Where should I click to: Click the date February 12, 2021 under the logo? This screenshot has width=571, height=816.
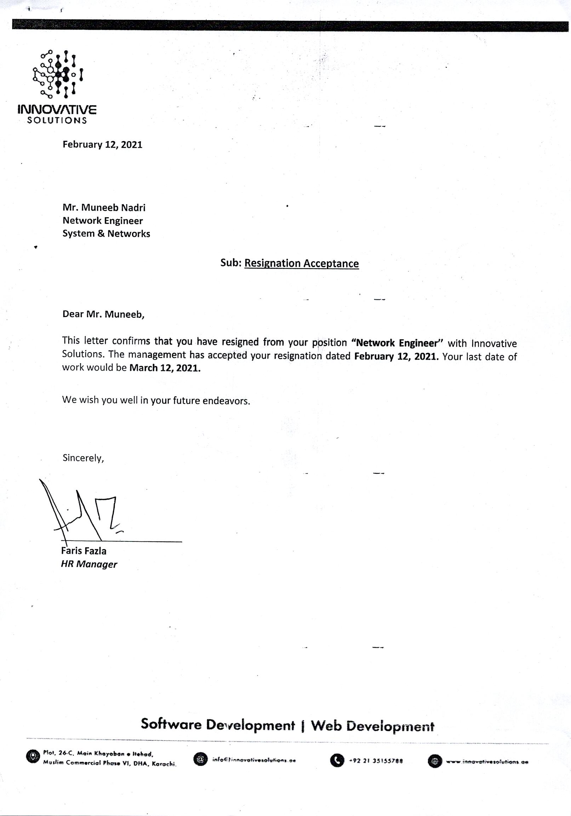[102, 145]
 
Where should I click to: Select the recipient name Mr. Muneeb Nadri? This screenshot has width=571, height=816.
[104, 208]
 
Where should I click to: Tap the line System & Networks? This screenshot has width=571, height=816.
[106, 234]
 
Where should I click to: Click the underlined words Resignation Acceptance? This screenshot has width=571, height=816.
[302, 263]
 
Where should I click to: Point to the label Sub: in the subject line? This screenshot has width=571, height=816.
[231, 263]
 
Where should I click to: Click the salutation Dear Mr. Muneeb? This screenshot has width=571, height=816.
[103, 314]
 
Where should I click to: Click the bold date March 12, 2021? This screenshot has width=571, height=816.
[165, 368]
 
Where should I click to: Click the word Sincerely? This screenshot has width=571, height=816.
[83, 458]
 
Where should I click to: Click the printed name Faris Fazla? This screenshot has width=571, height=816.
[84, 551]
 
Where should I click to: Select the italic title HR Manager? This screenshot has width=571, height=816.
[89, 564]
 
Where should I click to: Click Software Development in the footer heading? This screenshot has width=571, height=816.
[218, 725]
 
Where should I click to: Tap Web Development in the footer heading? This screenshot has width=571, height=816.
[372, 726]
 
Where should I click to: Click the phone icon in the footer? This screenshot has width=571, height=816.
[337, 761]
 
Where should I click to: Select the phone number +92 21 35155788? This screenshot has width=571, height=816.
[376, 761]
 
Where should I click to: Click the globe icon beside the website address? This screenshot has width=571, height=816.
[435, 761]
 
